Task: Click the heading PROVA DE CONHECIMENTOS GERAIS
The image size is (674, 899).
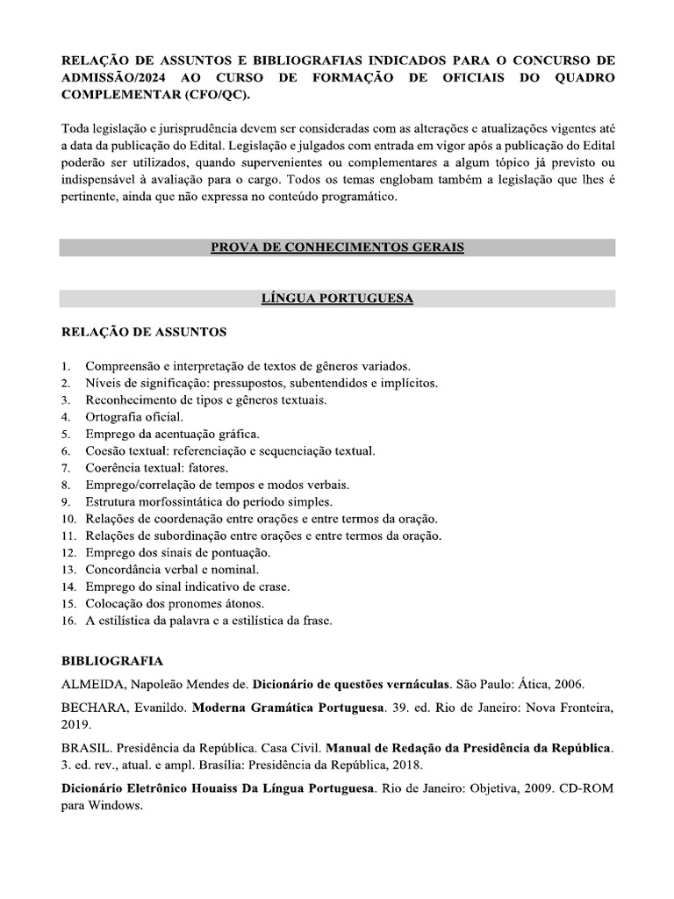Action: click(x=337, y=248)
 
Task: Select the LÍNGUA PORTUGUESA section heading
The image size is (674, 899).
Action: click(x=337, y=298)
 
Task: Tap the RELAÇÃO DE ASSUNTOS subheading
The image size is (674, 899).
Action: click(x=143, y=332)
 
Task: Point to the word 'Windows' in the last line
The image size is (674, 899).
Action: click(x=115, y=806)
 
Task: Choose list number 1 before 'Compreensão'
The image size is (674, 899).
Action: click(x=65, y=365)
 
